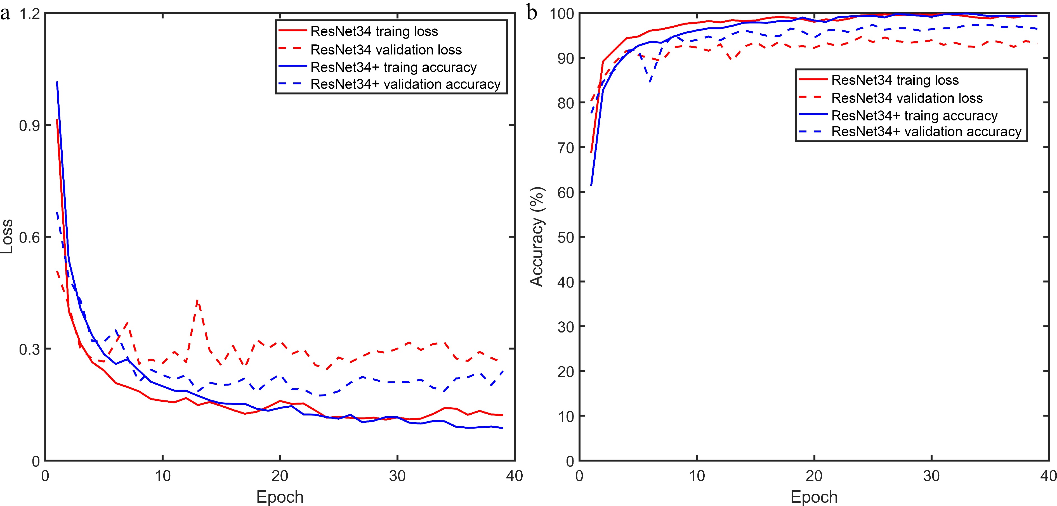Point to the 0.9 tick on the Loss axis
tap(30, 125)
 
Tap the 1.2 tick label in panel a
tap(30, 14)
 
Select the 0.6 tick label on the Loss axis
tap(30, 237)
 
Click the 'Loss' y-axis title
tap(7, 237)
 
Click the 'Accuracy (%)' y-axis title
tap(537, 237)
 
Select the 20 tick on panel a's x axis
tap(280, 476)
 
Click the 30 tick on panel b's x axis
tap(931, 476)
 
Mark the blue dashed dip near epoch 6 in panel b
tap(650, 81)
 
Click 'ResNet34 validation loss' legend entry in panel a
tap(386, 50)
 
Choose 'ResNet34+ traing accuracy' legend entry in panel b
tap(914, 116)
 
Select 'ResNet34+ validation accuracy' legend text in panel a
tap(405, 84)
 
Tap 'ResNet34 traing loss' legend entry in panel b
tap(895, 80)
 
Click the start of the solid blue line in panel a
tap(57, 82)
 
